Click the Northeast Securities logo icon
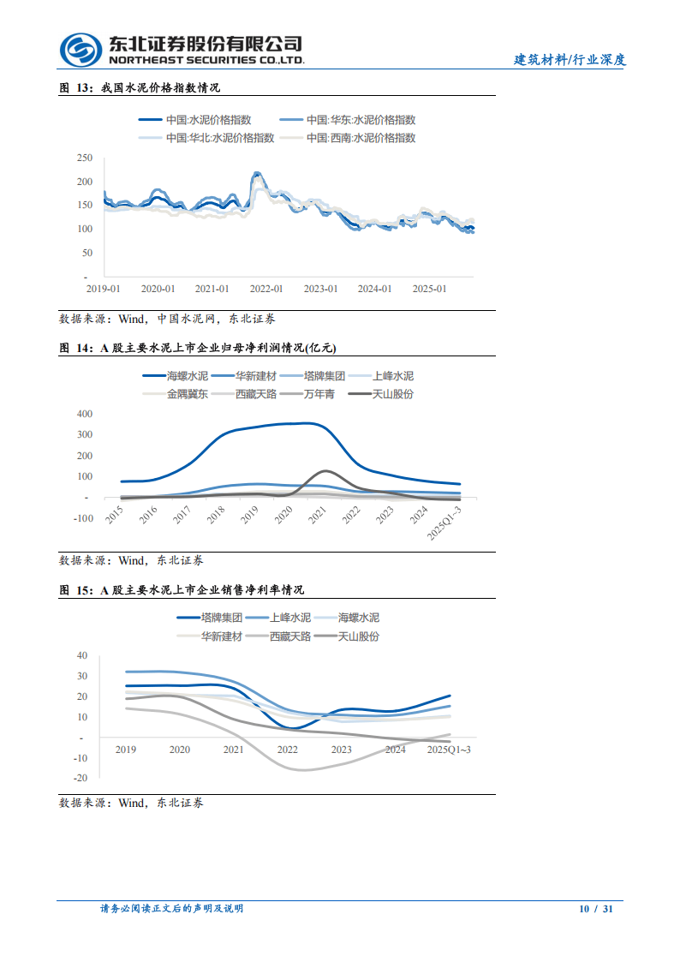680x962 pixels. [x=81, y=50]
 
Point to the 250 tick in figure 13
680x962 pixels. [x=84, y=158]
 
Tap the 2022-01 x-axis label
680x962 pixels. [x=266, y=290]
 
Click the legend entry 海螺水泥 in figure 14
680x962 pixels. [x=187, y=376]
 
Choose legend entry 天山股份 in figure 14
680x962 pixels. [x=393, y=393]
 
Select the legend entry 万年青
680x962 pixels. [x=319, y=393]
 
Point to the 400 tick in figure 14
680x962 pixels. [x=84, y=414]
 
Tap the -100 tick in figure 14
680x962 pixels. [x=82, y=517]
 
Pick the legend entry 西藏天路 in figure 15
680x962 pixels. [x=289, y=636]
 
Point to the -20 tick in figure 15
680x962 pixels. [x=81, y=778]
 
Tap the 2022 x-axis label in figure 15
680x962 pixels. [x=287, y=750]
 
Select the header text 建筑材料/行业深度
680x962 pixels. [x=570, y=60]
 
